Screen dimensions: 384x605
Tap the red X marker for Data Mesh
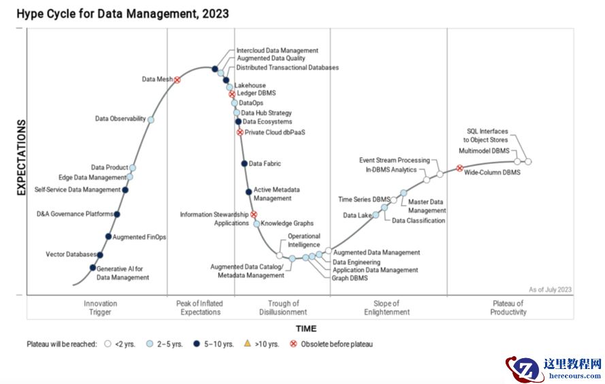[177, 80]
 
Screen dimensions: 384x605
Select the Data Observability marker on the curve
[151, 120]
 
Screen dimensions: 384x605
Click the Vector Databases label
[71, 255]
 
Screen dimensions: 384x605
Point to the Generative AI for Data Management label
[122, 273]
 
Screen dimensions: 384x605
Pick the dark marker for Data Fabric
[244, 163]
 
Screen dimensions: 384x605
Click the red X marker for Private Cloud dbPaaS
[240, 132]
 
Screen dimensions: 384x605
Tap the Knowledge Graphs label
[287, 223]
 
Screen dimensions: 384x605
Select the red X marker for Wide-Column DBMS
[459, 168]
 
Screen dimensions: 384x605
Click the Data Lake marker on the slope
[376, 215]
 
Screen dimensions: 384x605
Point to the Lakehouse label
[250, 85]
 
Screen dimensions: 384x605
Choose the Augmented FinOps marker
[108, 237]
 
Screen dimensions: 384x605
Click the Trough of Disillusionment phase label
[283, 308]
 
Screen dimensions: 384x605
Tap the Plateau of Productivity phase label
[508, 308]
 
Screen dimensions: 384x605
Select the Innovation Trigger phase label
[100, 308]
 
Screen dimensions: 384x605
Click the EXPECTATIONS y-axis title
[21, 158]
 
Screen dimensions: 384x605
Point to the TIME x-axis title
[306, 329]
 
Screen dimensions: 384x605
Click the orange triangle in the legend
[249, 344]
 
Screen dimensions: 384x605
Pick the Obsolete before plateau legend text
[337, 345]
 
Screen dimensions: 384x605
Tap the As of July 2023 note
[550, 289]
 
